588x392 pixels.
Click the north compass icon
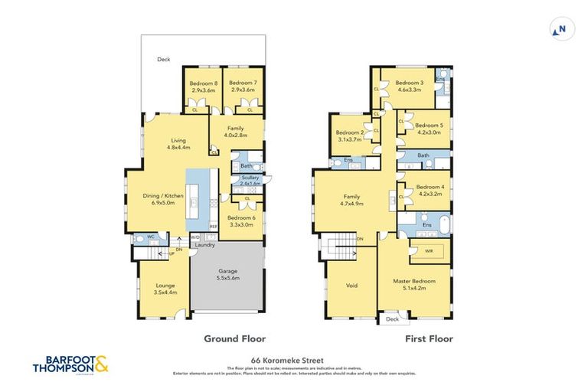562,30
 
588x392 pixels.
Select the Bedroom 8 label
205,87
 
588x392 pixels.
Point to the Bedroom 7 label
242,87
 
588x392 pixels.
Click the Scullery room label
250,181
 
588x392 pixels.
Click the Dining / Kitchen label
164,200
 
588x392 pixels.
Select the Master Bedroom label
413,286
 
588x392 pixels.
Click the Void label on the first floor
351,286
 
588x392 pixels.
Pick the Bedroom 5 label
429,129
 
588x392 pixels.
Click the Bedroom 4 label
430,191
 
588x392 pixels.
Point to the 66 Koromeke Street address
293,358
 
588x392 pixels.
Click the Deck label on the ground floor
163,59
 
